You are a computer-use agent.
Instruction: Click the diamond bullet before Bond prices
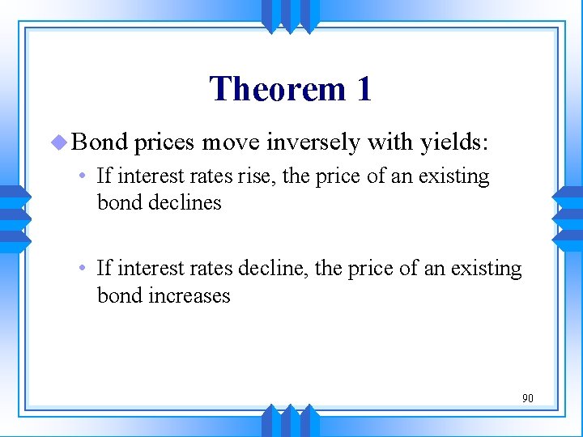[x=59, y=142]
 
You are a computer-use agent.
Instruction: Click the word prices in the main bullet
[x=165, y=143]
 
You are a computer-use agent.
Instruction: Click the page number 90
[x=527, y=398]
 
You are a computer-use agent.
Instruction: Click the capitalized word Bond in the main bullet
[x=100, y=142]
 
